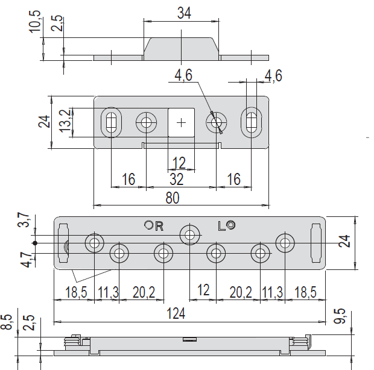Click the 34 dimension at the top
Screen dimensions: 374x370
click(184, 13)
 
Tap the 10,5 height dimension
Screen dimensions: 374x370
click(35, 22)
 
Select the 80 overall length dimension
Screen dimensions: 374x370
click(172, 198)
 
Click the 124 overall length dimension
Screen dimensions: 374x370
click(176, 313)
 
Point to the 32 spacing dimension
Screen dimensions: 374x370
click(177, 179)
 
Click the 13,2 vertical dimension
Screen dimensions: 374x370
click(65, 121)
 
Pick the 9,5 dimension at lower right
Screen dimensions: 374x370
click(340, 316)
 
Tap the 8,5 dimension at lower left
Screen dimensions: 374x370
click(7, 322)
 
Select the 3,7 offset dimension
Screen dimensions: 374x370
click(24, 220)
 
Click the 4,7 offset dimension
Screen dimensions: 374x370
click(27, 260)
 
